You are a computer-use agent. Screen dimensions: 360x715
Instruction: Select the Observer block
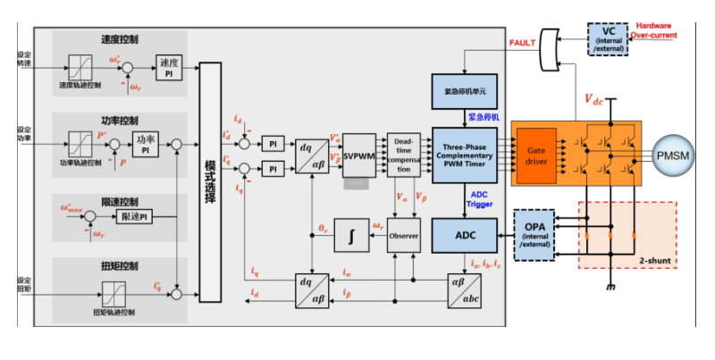pos(403,235)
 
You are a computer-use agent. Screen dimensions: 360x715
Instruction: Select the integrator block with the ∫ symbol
pos(351,236)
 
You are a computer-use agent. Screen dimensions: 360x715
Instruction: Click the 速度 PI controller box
pos(168,68)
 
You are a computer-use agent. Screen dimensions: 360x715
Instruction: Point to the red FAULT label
pos(522,42)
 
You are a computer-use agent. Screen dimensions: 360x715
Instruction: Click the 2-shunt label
pos(655,260)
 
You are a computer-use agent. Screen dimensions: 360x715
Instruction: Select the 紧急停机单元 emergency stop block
pos(464,91)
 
